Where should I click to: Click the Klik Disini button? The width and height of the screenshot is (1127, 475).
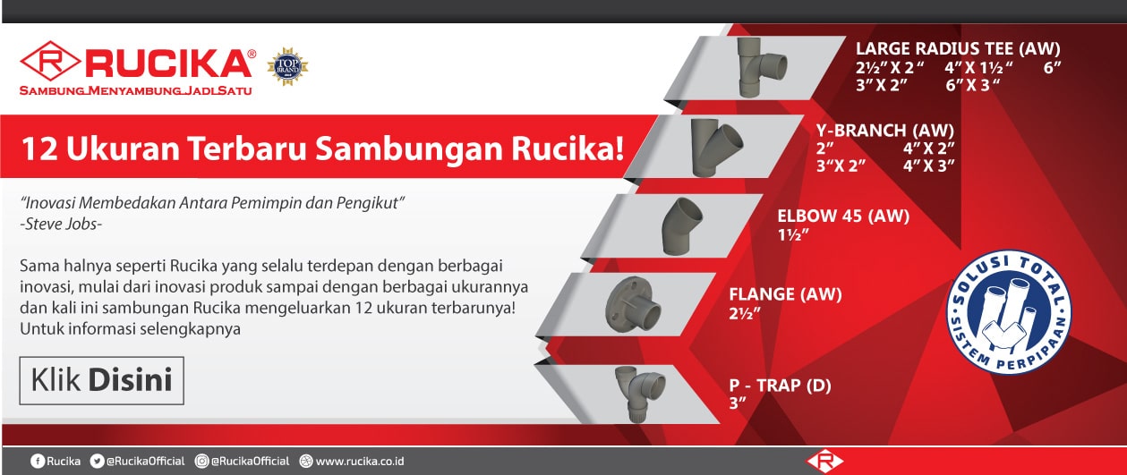102,380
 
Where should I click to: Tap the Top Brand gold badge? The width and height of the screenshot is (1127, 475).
288,66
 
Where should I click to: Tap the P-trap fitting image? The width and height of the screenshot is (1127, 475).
641,390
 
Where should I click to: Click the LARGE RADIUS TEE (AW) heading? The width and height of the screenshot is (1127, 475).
958,49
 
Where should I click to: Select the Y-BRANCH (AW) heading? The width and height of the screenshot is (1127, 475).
885,131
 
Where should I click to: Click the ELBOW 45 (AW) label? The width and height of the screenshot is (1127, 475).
843,216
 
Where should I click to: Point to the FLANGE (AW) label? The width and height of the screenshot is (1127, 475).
786,294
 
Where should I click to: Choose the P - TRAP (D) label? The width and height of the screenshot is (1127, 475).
781,386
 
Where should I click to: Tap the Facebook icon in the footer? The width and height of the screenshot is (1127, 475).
38,461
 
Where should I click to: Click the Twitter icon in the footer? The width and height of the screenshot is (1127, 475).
97,461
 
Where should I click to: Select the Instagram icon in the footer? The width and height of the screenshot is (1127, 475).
202,461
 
